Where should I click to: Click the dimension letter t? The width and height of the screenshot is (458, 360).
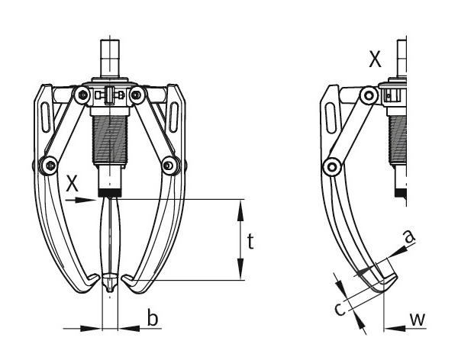pyautogui.click(x=252, y=242)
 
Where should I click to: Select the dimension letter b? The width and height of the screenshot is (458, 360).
pyautogui.click(x=153, y=319)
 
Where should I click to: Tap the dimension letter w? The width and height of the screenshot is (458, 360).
pyautogui.click(x=417, y=320)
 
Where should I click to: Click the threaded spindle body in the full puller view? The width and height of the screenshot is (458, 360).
pyautogui.click(x=108, y=137)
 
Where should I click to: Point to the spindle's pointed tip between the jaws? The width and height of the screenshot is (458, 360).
pyautogui.click(x=109, y=288)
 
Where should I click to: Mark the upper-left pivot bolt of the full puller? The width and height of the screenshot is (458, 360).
pyautogui.click(x=79, y=95)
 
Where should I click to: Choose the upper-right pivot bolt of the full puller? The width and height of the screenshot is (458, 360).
pyautogui.click(x=138, y=95)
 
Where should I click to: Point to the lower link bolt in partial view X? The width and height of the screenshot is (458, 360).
pyautogui.click(x=331, y=162)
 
